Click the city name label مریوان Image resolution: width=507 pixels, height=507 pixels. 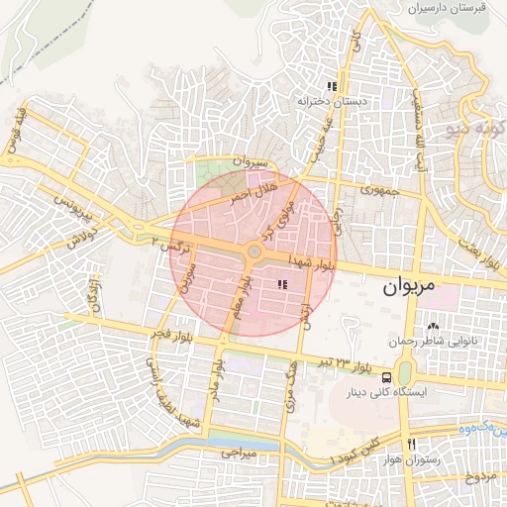click(x=408, y=287)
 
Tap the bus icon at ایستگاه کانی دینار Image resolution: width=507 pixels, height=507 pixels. click(x=386, y=376)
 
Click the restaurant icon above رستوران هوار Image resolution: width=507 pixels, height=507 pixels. click(x=410, y=443)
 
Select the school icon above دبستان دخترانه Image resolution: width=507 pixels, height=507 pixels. click(x=332, y=86)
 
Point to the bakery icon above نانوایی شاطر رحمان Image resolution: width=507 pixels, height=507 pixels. click(x=432, y=326)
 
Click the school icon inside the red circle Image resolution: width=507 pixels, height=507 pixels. click(x=282, y=285)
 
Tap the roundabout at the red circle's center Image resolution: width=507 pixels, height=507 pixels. click(x=254, y=253)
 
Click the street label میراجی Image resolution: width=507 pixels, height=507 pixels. click(x=238, y=452)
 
